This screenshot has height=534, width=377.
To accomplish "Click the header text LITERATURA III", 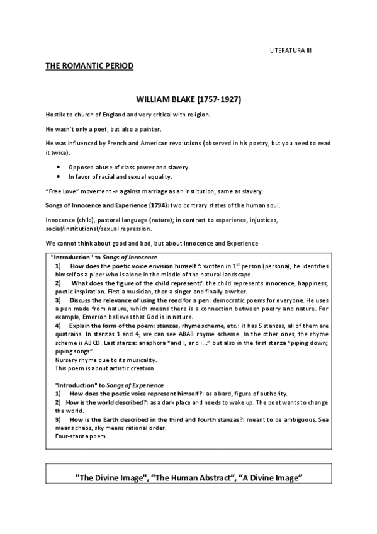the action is [290, 49].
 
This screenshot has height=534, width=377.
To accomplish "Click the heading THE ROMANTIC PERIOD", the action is [89, 65].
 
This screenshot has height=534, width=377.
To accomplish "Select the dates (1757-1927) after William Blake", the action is [219, 100].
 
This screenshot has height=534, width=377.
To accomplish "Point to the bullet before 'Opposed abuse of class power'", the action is [58, 167].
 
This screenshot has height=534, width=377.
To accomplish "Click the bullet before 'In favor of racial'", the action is [58, 176].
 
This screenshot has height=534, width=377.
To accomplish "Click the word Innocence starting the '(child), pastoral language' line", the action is [60, 221].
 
